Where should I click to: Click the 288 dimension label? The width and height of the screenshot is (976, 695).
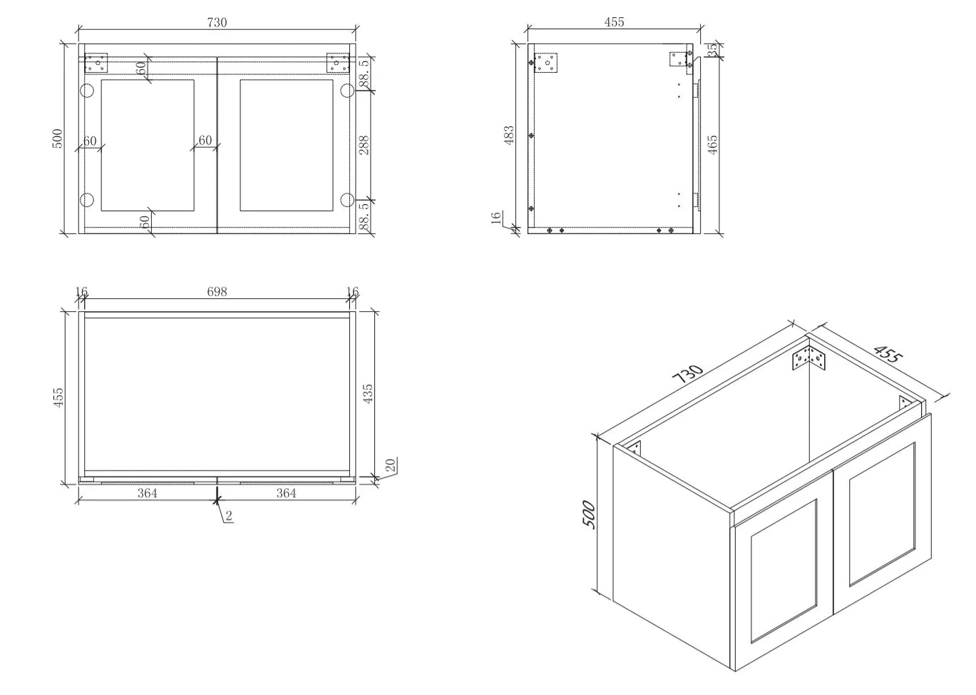click(x=364, y=145)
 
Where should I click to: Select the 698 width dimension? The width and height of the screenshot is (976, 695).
click(x=217, y=292)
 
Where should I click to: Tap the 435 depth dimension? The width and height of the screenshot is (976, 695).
click(x=368, y=393)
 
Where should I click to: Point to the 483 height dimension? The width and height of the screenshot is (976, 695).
click(x=509, y=135)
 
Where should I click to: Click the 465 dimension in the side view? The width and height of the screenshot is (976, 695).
click(x=712, y=144)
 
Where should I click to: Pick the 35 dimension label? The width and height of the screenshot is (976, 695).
click(x=712, y=49)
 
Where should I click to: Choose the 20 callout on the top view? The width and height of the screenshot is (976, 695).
click(x=391, y=465)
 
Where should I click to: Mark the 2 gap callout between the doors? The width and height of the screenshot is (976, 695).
click(x=229, y=516)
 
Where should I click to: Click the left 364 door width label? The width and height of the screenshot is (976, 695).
click(x=148, y=493)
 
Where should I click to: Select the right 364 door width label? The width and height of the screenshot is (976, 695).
click(x=287, y=493)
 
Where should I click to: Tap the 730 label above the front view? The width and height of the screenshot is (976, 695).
click(x=217, y=22)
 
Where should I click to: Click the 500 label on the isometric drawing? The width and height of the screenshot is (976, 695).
click(x=589, y=514)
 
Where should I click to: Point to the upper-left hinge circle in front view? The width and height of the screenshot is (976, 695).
click(x=87, y=91)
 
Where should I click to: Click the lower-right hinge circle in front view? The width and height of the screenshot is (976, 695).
click(x=347, y=200)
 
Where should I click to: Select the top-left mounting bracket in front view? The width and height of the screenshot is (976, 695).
click(x=96, y=63)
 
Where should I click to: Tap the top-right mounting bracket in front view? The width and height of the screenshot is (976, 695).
click(x=338, y=63)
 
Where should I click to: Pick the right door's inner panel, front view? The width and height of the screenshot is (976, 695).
click(x=287, y=145)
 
